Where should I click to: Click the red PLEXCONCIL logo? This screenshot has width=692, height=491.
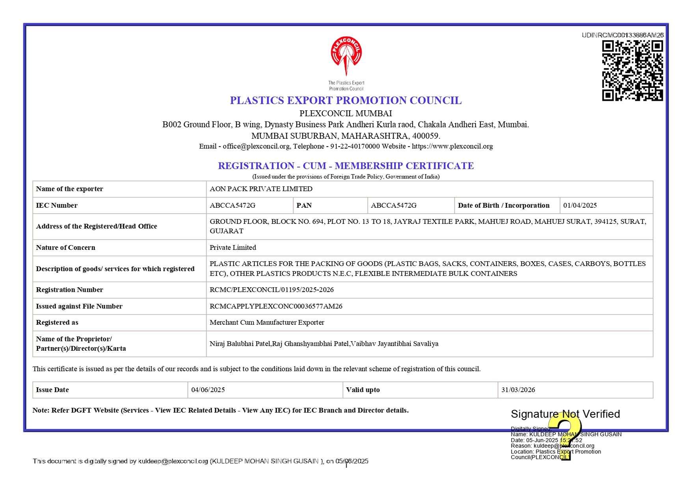[x=346, y=56]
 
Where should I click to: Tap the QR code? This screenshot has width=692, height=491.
[x=632, y=71]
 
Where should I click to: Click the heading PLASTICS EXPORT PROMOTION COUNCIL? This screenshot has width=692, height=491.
[x=346, y=100]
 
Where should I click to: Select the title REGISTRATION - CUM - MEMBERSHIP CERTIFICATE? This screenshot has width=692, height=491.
[x=346, y=166]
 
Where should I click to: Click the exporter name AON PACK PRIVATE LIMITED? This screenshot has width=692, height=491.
[x=261, y=189]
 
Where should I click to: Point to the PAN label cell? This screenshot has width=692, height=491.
[x=304, y=205]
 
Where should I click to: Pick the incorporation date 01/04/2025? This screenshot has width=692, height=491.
[x=580, y=205]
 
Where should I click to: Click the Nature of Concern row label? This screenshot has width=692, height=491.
[x=66, y=247]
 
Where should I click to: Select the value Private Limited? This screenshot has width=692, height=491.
[x=233, y=247]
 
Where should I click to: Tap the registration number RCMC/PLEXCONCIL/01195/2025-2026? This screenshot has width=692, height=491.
[x=272, y=290]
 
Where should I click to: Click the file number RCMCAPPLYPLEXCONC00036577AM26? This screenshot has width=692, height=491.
[x=276, y=306]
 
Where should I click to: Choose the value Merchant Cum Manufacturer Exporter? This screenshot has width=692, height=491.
[x=267, y=322]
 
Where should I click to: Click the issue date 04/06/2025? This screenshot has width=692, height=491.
[x=208, y=390]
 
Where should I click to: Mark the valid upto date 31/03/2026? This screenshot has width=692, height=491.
[x=518, y=390]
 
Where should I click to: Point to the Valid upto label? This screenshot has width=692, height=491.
[x=363, y=390]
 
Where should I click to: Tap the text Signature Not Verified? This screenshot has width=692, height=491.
[x=565, y=414]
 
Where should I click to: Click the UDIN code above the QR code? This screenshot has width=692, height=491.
[x=623, y=35]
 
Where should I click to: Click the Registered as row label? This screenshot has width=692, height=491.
[x=57, y=322]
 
